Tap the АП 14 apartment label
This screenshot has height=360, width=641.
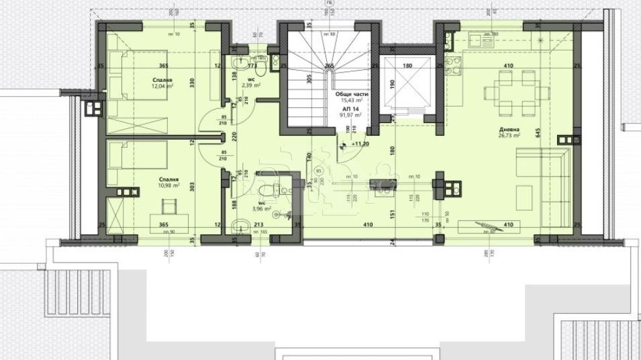[350, 109]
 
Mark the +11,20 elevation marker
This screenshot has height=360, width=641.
[359, 143]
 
